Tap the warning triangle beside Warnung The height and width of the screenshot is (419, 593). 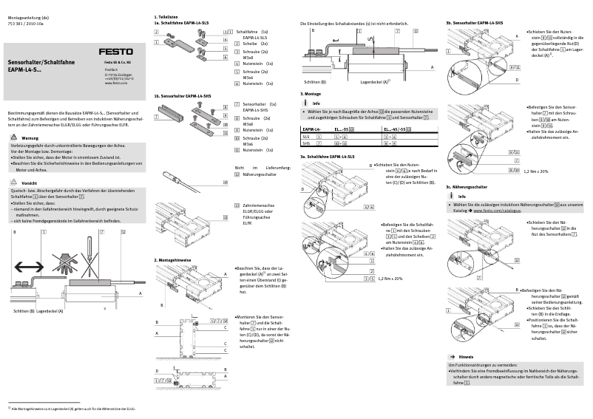[14, 138]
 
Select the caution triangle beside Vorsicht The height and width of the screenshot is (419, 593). [14, 182]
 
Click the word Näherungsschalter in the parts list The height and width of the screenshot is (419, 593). [262, 174]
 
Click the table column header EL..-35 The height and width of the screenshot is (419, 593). [348, 129]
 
